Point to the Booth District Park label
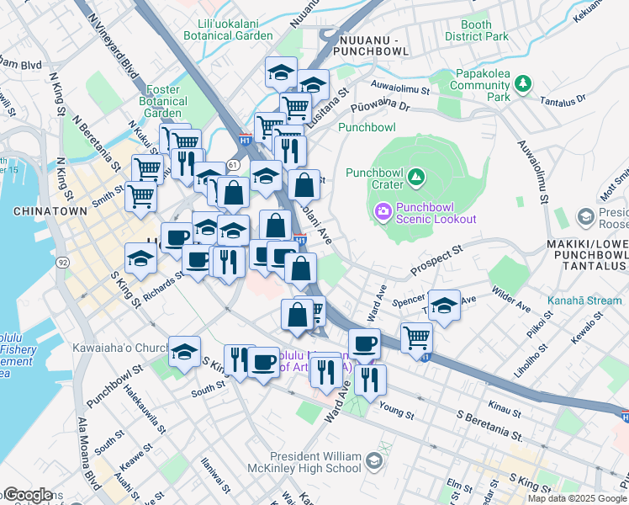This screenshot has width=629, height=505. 476,30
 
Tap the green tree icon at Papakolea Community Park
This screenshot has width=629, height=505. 523,82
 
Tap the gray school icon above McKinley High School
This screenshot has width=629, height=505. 374,461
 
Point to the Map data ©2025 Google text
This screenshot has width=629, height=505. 577,498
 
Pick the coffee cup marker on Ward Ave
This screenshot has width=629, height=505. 364,343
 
